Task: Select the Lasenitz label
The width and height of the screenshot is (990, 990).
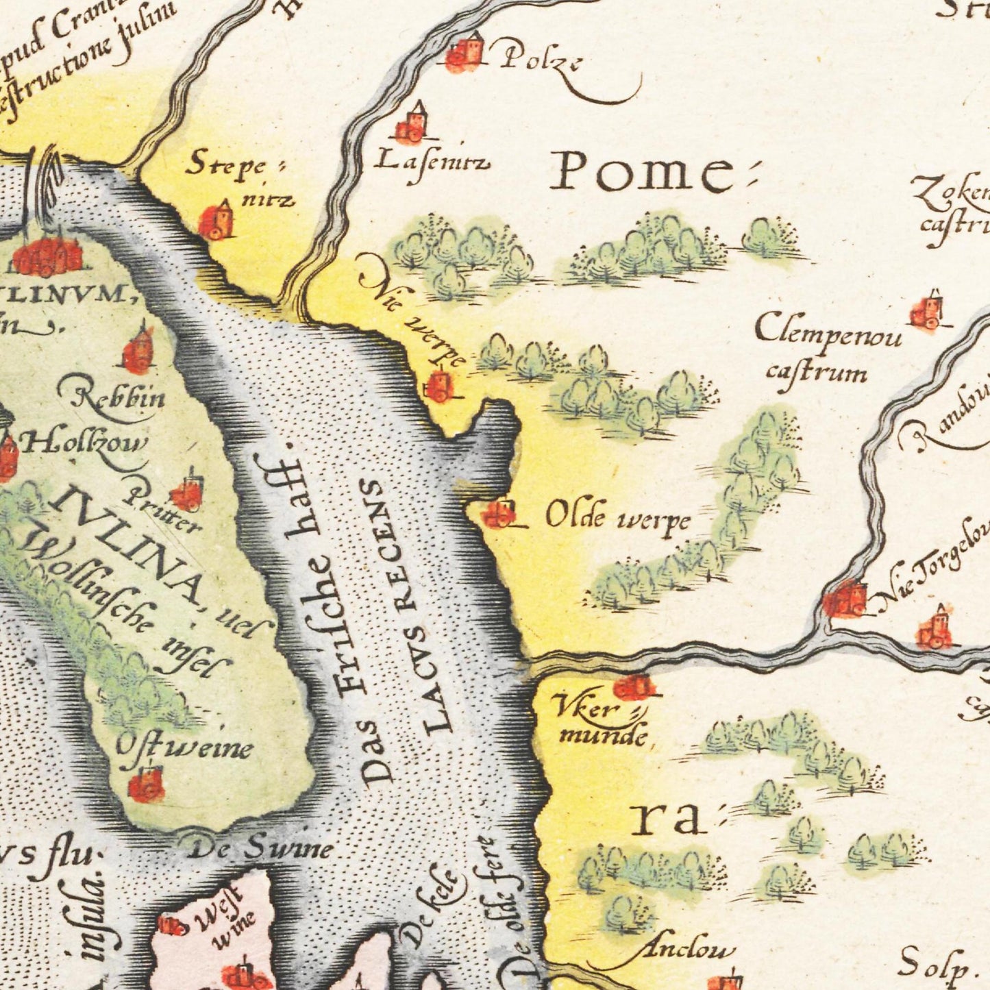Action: click(432, 162)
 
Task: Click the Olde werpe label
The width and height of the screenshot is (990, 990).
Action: click(617, 519)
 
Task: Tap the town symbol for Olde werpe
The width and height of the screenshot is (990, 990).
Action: click(499, 513)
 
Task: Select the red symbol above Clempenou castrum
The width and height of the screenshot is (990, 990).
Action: click(929, 312)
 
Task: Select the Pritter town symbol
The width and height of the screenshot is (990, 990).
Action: click(186, 493)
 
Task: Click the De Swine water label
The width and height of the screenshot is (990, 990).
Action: click(261, 850)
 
